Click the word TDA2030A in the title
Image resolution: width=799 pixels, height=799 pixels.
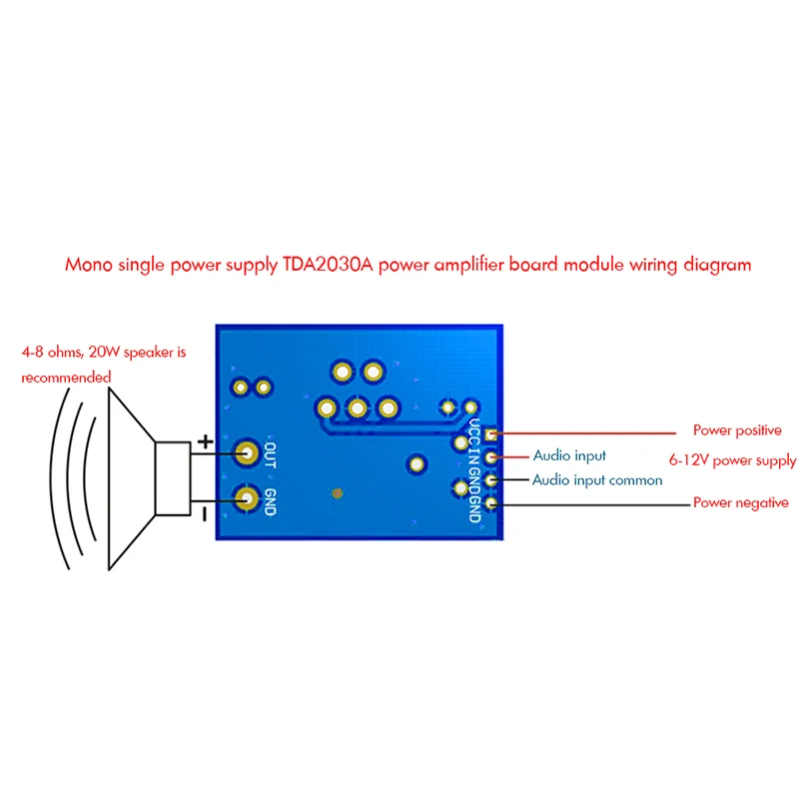click(328, 265)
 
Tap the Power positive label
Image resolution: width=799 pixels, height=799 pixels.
click(737, 430)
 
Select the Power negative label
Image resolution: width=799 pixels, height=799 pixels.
click(740, 503)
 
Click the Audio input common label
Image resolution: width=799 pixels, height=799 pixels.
click(597, 480)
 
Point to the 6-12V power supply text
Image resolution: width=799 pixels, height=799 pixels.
click(732, 460)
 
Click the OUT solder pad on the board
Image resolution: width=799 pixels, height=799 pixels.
click(247, 453)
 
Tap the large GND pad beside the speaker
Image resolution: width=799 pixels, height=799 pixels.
click(247, 498)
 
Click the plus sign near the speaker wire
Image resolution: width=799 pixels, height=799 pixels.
click(206, 441)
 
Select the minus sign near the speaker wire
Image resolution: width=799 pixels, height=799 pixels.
click(205, 514)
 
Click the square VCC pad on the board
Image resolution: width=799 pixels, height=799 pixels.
click(490, 434)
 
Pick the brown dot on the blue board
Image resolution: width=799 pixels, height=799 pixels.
click(337, 493)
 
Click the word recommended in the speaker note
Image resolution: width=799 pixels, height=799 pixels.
click(66, 378)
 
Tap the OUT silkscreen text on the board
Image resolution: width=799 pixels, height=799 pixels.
click(271, 455)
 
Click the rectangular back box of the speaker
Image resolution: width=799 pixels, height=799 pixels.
click(173, 478)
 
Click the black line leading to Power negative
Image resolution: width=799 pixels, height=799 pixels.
click(592, 504)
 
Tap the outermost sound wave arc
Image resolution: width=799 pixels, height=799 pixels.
click(59, 478)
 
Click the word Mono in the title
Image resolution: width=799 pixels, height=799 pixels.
click(89, 265)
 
